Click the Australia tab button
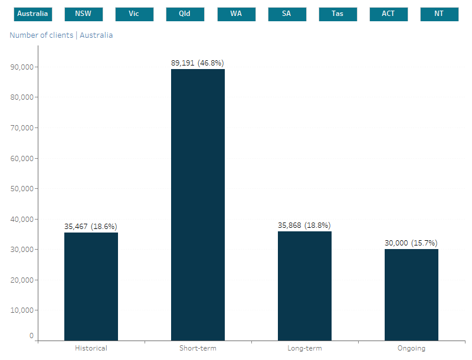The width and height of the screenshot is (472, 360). tap(32, 14)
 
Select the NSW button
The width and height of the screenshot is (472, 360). tap(83, 14)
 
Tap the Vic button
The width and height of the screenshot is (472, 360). tap(134, 14)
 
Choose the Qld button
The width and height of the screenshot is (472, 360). tap(185, 14)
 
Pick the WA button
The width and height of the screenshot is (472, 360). tap(236, 14)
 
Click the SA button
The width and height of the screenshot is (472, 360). tap(287, 14)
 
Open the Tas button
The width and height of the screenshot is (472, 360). tap(337, 14)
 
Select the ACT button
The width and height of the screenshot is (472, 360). tap(388, 14)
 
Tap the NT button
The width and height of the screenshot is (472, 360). tap(439, 14)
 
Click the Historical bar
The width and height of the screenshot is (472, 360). tap(91, 286)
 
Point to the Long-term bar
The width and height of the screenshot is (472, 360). tap(304, 286)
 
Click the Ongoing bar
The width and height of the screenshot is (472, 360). tap(411, 294)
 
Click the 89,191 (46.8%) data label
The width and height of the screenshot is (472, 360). tap(198, 63)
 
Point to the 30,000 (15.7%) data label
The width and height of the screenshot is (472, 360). tap(411, 243)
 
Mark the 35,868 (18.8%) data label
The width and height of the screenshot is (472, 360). tap(304, 225)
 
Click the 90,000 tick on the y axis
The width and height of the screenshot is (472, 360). tap(22, 67)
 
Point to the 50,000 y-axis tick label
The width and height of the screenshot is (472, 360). tap(22, 189)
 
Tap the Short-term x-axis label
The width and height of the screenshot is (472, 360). tap(198, 348)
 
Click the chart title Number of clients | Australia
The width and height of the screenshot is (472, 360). tap(61, 35)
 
